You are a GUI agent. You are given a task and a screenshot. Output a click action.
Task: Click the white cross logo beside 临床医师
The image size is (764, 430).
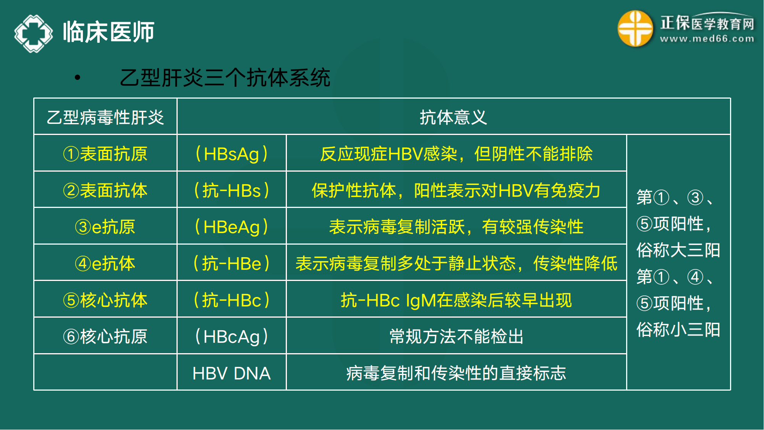coord(34,33)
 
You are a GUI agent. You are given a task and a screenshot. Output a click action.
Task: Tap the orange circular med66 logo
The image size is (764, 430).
coord(635,29)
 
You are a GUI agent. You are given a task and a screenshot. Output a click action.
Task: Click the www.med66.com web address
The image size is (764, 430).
coord(707,39)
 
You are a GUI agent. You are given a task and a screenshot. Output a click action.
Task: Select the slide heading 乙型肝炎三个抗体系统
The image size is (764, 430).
coord(225,78)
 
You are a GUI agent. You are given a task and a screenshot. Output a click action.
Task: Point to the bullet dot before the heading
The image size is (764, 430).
coord(78,78)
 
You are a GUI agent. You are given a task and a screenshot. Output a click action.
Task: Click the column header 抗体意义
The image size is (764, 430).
coord(453,117)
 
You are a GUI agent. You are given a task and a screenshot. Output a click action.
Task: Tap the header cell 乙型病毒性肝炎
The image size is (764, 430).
coord(105,117)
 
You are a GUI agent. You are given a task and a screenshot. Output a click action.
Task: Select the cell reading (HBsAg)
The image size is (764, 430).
coord(231,154)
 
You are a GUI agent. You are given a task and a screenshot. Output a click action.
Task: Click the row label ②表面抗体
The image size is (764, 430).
coord(105,190)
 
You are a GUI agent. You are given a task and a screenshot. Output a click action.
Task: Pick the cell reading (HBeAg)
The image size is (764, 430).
coord(231,227)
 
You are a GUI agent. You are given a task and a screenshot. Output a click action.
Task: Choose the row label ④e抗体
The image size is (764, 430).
coord(105,263)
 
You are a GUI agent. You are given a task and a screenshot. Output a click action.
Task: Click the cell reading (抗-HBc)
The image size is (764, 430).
coord(231,300)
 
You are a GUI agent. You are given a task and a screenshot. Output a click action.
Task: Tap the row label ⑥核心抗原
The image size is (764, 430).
coord(105,336)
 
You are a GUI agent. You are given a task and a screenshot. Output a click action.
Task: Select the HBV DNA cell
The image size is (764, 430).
coord(231,373)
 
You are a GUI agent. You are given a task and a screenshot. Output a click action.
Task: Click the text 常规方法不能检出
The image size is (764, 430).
coord(456,336)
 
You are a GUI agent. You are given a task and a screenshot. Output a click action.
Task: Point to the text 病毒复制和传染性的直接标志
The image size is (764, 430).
coord(456,373)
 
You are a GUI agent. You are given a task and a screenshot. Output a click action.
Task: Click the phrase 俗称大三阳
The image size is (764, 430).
coord(678,250)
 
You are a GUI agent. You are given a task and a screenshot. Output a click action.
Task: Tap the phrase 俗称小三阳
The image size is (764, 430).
coord(678,329)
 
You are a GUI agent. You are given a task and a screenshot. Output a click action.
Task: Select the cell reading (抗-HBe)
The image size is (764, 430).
coord(231,263)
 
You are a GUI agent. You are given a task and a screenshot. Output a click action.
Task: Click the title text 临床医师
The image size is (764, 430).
coord(108,32)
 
